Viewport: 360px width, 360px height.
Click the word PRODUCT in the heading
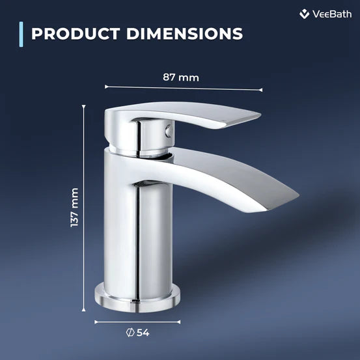pyautogui.click(x=71, y=33)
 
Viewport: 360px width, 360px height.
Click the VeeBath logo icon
pyautogui.click(x=304, y=14)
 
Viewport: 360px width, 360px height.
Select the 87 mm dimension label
pyautogui.click(x=180, y=77)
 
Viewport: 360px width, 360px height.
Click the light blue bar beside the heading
pyautogui.click(x=22, y=34)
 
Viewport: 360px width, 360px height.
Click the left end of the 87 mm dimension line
pyautogui.click(x=105, y=85)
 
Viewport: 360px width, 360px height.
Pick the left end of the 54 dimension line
pyautogui.click(x=95, y=320)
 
